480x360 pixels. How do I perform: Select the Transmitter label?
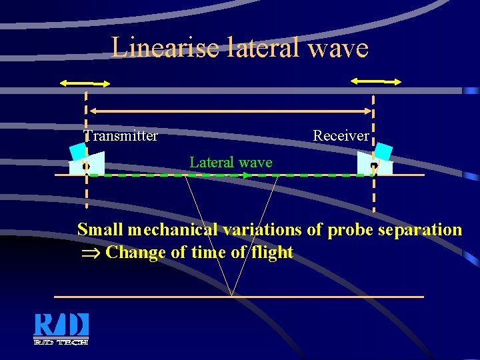coord(121,136)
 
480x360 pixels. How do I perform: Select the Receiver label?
coord(341,136)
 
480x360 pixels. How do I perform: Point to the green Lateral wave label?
coord(231,162)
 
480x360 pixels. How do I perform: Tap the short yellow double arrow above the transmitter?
coord(85,84)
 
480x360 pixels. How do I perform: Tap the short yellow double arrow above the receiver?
coord(376,81)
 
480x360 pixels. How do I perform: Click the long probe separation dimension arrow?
coord(230,111)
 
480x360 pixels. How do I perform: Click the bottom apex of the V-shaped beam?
coord(231,295)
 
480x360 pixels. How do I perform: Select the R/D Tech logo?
coord(61,329)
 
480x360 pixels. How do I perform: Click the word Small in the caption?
coord(101,230)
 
